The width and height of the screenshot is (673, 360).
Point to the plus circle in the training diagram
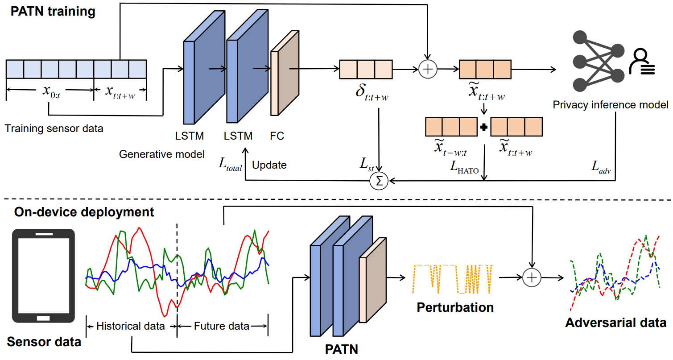pos(428,69)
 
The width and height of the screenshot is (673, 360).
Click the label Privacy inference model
pos(611,105)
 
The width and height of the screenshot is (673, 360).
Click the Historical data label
pos(131,326)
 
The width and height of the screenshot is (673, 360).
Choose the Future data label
pos(222,326)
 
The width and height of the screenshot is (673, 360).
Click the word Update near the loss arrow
pos(269,165)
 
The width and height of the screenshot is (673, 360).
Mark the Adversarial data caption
pos(616,323)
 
